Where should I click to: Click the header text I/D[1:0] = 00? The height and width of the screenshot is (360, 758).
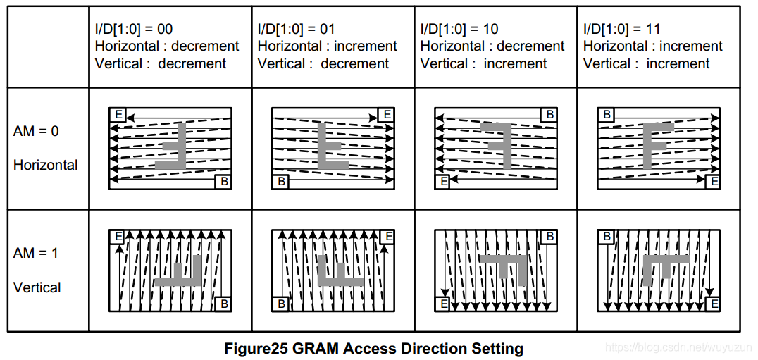(133, 28)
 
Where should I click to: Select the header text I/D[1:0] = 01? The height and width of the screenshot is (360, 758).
(296, 28)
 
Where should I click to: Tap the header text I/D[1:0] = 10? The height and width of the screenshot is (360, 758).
(459, 28)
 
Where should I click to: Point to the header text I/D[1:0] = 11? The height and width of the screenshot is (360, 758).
(621, 28)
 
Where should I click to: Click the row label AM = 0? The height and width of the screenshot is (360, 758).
(36, 131)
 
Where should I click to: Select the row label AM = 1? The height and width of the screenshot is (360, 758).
(36, 253)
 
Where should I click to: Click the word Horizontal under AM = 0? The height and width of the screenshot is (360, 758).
(46, 166)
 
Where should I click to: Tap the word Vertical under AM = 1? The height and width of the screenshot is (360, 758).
(37, 287)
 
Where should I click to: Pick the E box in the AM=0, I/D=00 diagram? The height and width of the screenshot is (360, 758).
(118, 115)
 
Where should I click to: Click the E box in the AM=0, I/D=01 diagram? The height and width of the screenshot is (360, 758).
(387, 115)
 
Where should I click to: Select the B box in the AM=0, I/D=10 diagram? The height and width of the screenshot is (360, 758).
(549, 115)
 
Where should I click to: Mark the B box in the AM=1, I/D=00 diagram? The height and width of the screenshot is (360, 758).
(224, 304)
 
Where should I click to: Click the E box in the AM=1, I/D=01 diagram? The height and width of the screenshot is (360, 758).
(387, 237)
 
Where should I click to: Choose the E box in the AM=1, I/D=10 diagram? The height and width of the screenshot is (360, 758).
(443, 304)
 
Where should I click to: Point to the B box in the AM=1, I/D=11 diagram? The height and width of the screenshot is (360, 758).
(607, 237)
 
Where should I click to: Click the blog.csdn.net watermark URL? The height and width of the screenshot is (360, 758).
(679, 347)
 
